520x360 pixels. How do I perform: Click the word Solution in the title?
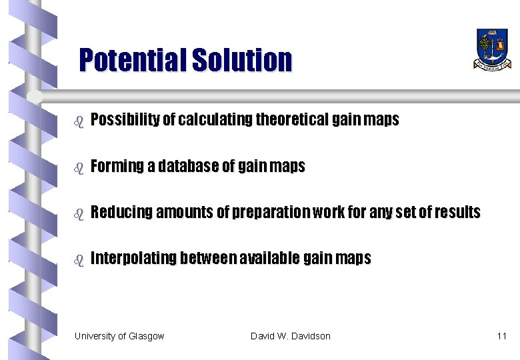click(242, 61)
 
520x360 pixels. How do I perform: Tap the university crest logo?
click(493, 48)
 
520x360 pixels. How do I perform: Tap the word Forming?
click(117, 166)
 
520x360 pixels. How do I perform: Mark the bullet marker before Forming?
click(78, 168)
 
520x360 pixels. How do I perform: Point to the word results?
click(457, 212)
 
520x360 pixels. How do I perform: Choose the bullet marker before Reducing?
click(78, 214)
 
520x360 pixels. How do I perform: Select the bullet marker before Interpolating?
click(78, 260)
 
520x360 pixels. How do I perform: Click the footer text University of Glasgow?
click(119, 336)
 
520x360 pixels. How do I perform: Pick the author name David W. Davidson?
click(290, 336)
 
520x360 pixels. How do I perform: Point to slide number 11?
click(501, 336)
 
